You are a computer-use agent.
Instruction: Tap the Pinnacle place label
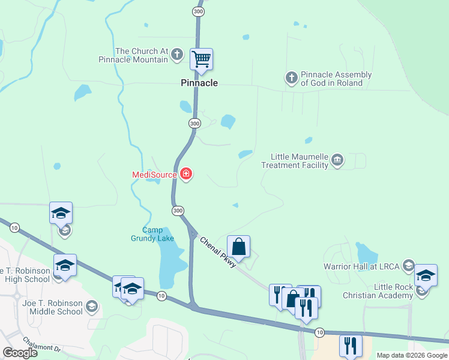click(199, 83)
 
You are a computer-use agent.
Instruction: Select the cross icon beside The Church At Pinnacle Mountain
click(176, 55)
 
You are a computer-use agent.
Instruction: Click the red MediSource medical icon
click(186, 175)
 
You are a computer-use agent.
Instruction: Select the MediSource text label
click(154, 175)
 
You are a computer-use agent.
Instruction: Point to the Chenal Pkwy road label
click(218, 253)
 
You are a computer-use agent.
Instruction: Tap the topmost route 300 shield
click(198, 11)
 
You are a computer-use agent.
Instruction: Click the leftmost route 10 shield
click(14, 227)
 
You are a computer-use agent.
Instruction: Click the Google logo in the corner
click(20, 352)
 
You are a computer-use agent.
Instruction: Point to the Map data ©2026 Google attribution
click(412, 355)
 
